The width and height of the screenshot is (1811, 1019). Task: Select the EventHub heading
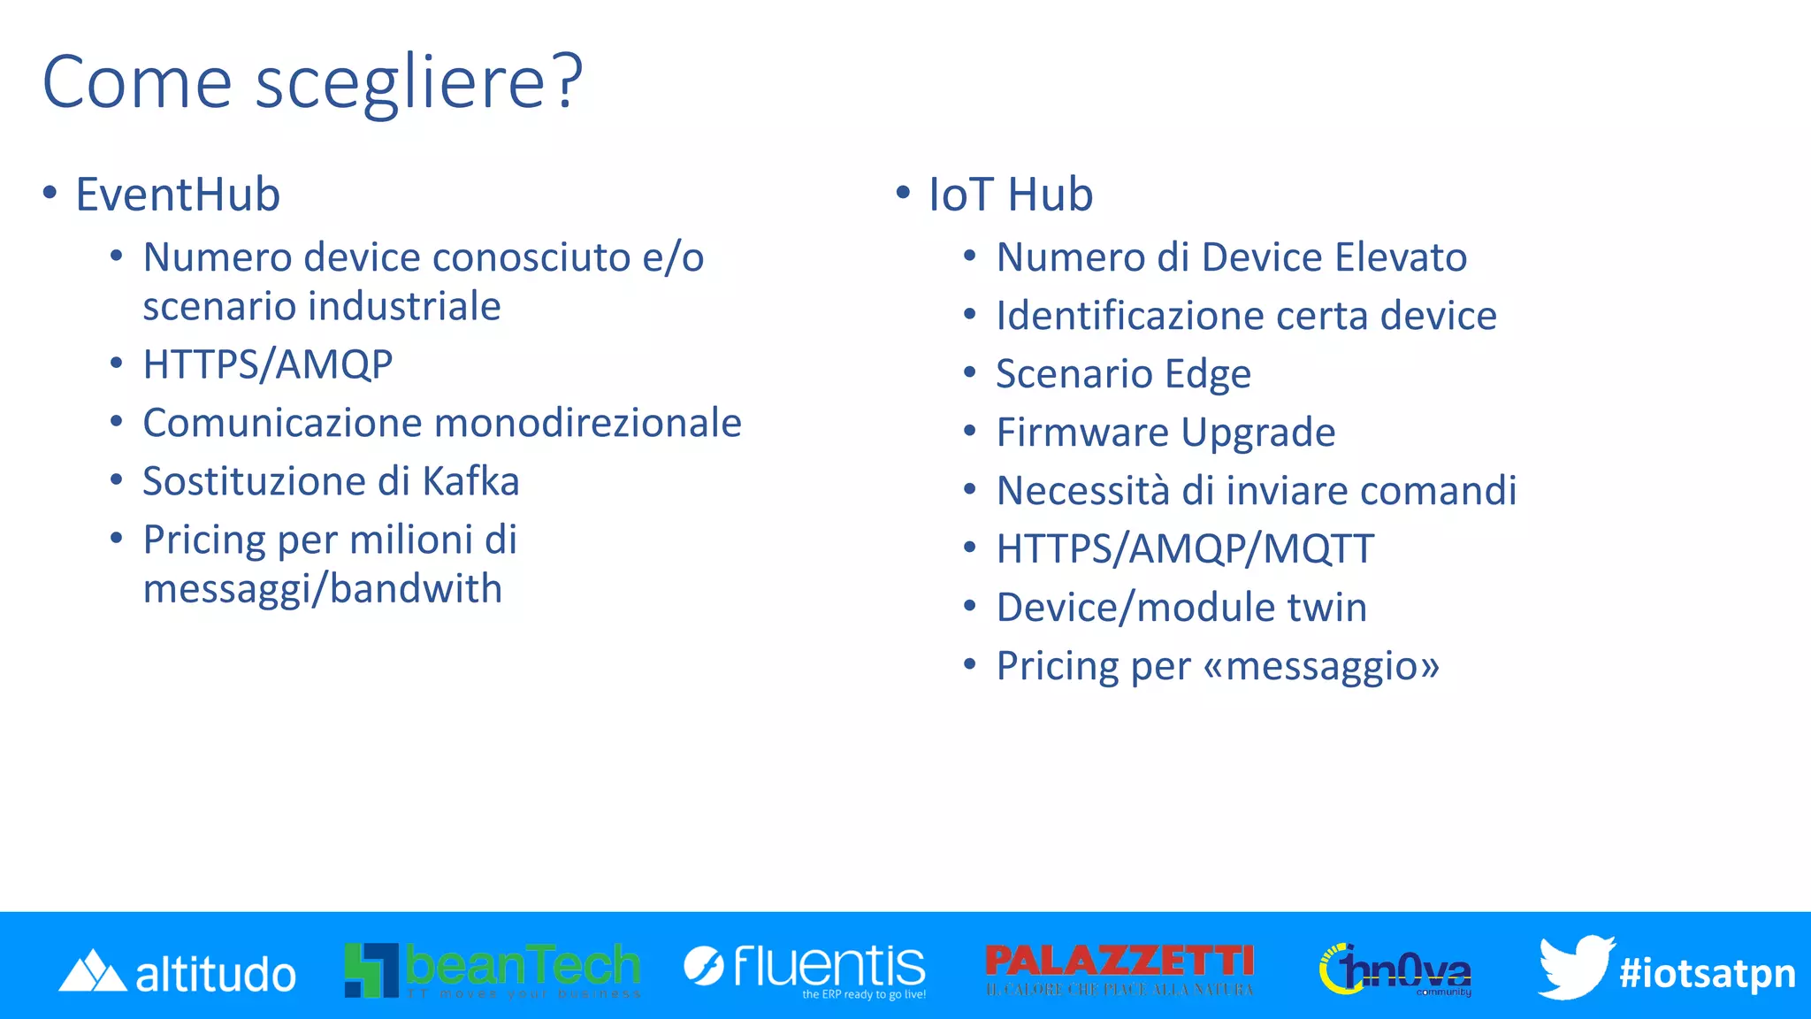(178, 195)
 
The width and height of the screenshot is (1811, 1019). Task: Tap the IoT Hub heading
(1010, 195)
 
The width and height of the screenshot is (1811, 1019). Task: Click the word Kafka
(470, 482)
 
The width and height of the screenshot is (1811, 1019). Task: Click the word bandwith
(416, 589)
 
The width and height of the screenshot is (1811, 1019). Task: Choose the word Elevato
(1401, 257)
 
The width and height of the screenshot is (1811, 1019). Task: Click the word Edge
(1207, 374)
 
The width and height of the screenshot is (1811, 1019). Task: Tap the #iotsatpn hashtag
(1707, 973)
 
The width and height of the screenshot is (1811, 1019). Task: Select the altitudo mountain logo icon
(92, 971)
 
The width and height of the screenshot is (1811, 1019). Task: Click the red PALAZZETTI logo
(1119, 962)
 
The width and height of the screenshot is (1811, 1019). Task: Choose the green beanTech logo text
(522, 965)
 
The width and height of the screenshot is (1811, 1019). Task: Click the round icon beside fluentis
(704, 965)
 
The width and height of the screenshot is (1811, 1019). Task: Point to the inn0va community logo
(1396, 970)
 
